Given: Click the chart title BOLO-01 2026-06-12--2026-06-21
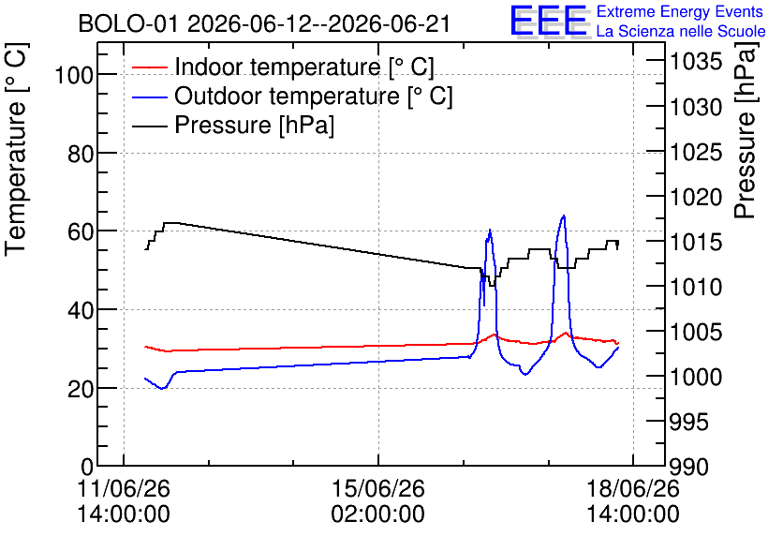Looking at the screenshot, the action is [264, 23].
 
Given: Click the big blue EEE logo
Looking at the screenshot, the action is [549, 22].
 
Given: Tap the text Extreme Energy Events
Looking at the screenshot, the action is [680, 11].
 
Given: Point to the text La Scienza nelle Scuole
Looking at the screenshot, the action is [681, 31].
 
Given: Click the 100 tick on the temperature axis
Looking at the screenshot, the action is [74, 75].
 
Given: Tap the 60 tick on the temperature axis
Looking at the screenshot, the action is [81, 231].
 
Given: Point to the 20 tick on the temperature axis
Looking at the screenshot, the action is [81, 389].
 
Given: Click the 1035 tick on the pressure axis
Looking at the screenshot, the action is [696, 62].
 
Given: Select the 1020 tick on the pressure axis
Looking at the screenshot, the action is [696, 198].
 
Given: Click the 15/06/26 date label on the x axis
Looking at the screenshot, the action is [378, 488].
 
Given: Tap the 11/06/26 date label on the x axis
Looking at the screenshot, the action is [124, 488].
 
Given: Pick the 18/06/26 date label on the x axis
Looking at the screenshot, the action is [633, 488].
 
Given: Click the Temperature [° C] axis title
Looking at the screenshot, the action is [17, 149].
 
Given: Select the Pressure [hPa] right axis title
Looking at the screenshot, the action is [746, 130].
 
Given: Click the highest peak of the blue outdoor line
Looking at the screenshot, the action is [564, 216].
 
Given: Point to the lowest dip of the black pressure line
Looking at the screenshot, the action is [493, 286].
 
